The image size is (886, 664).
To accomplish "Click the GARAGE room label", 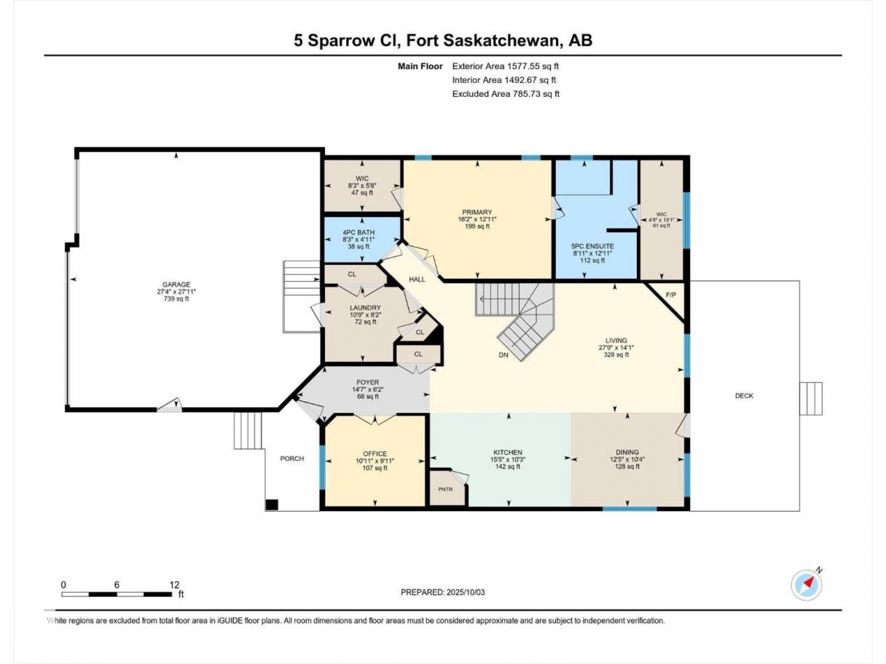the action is (176, 285).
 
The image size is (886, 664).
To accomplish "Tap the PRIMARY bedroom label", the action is (477, 212).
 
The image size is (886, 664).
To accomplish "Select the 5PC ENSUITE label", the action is (592, 246).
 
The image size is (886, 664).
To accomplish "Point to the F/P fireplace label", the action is (670, 295).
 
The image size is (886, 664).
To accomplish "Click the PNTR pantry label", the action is (445, 489).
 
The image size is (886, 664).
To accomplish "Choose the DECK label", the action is (744, 396).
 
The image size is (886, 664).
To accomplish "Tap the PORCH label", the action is (292, 459).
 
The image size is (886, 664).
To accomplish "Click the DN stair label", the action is (503, 355).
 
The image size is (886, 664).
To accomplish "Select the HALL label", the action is (417, 279).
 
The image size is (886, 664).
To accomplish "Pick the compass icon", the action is (806, 585).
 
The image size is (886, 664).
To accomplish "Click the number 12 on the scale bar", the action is (174, 585).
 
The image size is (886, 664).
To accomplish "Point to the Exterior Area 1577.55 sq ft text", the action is (506, 66).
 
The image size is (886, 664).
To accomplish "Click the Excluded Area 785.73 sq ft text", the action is (506, 94).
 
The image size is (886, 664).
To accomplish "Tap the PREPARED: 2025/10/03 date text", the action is (443, 592).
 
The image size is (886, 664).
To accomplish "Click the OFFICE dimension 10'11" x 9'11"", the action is (375, 461).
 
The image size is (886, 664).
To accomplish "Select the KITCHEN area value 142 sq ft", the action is (508, 467).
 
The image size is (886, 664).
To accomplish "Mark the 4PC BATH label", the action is (358, 233).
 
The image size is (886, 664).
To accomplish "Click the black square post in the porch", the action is (272, 505).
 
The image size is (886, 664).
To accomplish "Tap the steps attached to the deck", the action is (811, 398).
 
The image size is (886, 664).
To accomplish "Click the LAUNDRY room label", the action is (365, 307).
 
